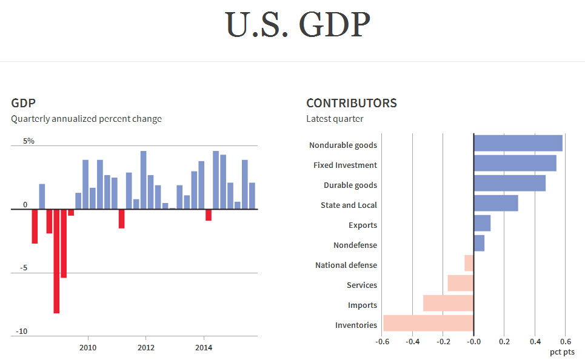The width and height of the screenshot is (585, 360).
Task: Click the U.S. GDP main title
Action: click(298, 25)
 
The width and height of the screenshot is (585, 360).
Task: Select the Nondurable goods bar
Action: click(518, 143)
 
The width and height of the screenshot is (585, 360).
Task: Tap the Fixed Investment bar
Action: click(515, 163)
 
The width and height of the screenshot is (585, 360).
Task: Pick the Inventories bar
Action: click(428, 324)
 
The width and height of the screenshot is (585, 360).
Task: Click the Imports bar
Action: click(448, 303)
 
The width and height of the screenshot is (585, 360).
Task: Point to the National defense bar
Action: click(469, 263)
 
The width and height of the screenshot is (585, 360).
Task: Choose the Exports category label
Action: click(363, 225)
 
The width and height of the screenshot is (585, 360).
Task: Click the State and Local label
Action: click(349, 205)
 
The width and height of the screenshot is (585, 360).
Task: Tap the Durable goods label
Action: click(350, 185)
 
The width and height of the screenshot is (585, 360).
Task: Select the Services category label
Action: click(361, 285)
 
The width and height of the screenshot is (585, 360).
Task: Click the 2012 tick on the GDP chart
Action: click(146, 348)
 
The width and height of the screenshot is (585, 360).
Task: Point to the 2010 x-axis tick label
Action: click(89, 348)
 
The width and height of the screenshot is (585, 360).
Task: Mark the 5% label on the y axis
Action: click(28, 141)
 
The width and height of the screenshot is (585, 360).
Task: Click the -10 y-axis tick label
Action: click(21, 332)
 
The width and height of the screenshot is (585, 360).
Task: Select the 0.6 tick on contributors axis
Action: click(565, 341)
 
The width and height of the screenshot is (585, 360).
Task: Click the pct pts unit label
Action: click(562, 352)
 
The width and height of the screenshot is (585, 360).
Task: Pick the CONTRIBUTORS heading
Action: click(352, 103)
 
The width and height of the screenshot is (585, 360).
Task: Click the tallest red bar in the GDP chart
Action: click(56, 261)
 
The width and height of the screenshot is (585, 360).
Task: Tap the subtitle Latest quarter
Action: click(335, 119)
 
